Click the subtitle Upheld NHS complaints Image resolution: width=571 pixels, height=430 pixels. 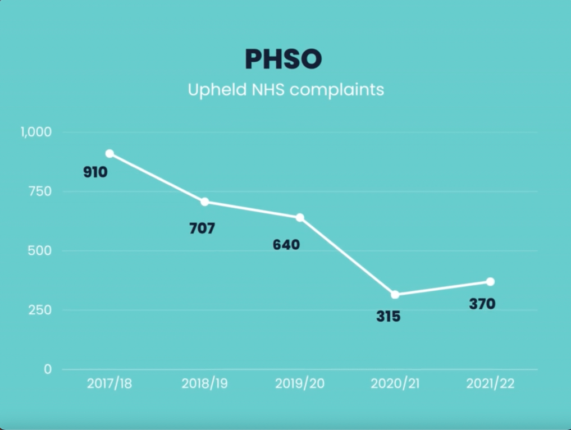tap(286, 90)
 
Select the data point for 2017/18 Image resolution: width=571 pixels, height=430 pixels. tap(109, 154)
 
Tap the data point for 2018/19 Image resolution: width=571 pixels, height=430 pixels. tap(205, 202)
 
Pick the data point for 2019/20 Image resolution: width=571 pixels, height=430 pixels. tap(300, 217)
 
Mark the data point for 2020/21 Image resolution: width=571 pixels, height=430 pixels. tap(395, 294)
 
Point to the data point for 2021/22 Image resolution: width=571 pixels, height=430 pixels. tap(490, 281)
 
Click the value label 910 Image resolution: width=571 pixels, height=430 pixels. tap(95, 172)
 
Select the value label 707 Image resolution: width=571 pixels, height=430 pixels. tap(202, 228)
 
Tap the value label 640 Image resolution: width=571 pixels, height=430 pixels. tap(286, 245)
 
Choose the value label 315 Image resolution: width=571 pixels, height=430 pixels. tap(389, 317)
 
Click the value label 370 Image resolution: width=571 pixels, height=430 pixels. tap(482, 304)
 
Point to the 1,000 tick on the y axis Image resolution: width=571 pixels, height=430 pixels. tap(36, 132)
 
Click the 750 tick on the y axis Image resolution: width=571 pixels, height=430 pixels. tap(40, 191)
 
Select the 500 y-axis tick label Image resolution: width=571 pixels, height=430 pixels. tap(40, 251)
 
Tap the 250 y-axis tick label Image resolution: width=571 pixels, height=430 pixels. tap(40, 310)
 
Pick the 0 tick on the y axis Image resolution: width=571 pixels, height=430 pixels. tap(48, 369)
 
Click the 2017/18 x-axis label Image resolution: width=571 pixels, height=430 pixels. tap(109, 385)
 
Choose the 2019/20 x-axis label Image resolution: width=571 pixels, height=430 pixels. tap(300, 385)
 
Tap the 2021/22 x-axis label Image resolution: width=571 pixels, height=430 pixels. tap(490, 385)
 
